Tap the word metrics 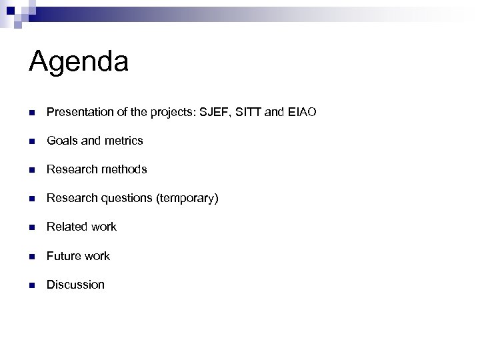[124, 141]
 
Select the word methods [123, 169]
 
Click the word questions [125, 199]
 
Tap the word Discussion [75, 285]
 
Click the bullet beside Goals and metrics [32, 141]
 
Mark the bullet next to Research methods [32, 170]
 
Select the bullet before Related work [32, 227]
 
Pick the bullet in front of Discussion [32, 285]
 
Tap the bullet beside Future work [32, 257]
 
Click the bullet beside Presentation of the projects [32, 113]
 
